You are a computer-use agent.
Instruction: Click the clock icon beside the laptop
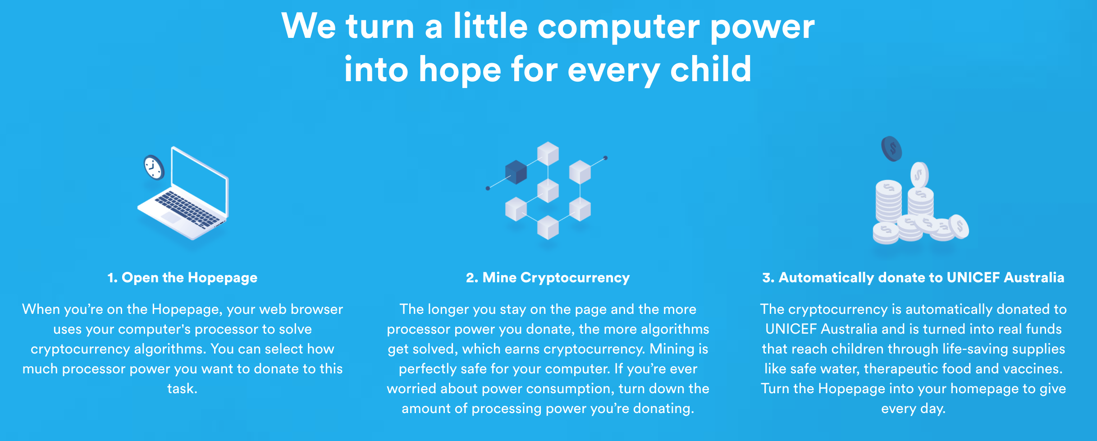coord(154,167)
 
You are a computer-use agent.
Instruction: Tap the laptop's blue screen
coord(199,181)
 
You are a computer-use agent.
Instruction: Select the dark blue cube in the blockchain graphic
coord(516,172)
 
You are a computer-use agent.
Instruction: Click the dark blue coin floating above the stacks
coord(891,149)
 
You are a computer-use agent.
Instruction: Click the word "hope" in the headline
coord(460,70)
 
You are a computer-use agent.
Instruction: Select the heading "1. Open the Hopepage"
coord(183,278)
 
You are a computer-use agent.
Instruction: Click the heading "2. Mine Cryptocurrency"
coord(548,278)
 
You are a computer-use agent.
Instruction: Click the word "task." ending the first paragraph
coord(183,389)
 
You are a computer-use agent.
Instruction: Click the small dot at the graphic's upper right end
coord(605,158)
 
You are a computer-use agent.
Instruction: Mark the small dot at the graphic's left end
coord(488,188)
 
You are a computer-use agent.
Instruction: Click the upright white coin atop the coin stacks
coord(919,175)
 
